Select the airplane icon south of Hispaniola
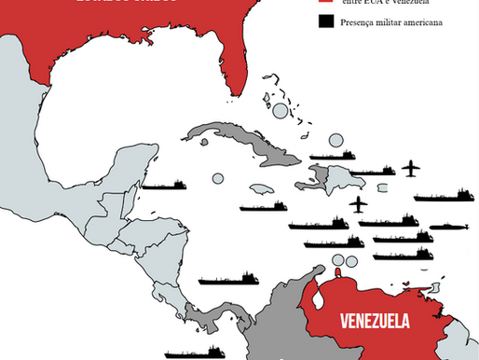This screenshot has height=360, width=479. click(x=357, y=203)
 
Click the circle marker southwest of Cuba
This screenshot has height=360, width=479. click(x=218, y=177)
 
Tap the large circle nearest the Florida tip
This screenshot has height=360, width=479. click(x=281, y=111)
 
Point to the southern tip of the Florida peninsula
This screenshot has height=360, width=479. click(x=240, y=91)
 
